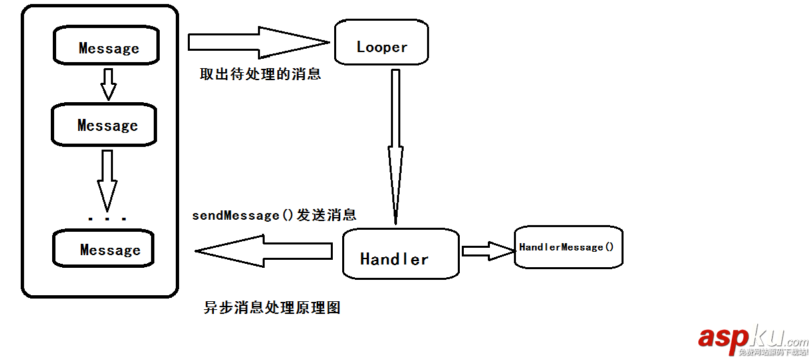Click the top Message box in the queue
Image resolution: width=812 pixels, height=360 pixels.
pyautogui.click(x=106, y=47)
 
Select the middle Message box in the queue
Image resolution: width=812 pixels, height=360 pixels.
pyautogui.click(x=104, y=125)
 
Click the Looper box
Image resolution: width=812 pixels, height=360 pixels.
pyautogui.click(x=382, y=41)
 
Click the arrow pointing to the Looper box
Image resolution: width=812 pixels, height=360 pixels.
pyautogui.click(x=258, y=42)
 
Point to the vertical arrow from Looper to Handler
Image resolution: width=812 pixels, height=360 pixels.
pyautogui.click(x=395, y=147)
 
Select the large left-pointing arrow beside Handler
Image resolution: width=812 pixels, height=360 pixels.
pyautogui.click(x=264, y=251)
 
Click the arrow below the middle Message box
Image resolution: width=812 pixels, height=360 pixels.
pyautogui.click(x=107, y=179)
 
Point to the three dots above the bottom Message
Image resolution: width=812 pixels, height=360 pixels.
pyautogui.click(x=107, y=218)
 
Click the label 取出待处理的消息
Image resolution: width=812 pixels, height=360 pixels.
pyautogui.click(x=261, y=74)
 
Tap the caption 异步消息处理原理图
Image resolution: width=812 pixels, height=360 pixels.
pyautogui.click(x=272, y=308)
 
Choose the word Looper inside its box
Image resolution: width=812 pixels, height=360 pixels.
pyautogui.click(x=382, y=47)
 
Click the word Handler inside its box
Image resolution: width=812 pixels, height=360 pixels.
pyautogui.click(x=394, y=259)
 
